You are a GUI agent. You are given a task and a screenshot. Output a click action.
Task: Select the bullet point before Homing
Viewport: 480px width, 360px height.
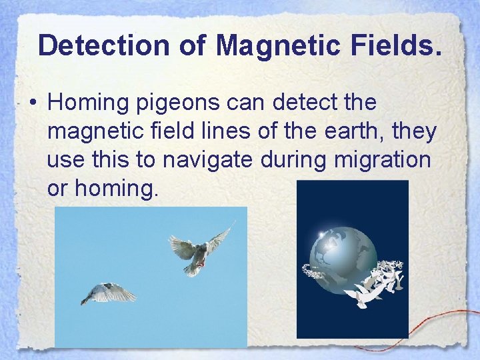pos(32,103)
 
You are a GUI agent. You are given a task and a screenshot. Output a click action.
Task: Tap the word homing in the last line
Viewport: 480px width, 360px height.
pos(117,189)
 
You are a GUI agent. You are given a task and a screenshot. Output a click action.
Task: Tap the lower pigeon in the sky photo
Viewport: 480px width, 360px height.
pos(108,293)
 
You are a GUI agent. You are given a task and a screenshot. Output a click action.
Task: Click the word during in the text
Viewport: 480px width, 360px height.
pos(293,160)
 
